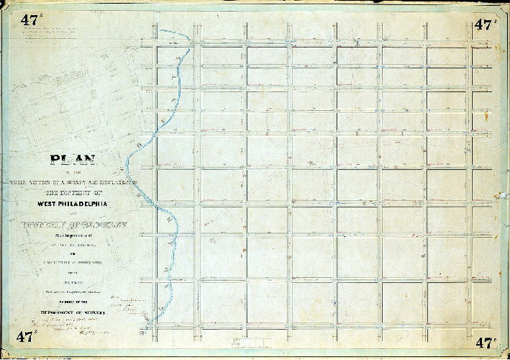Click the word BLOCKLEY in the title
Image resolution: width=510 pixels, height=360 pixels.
tap(104, 224)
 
